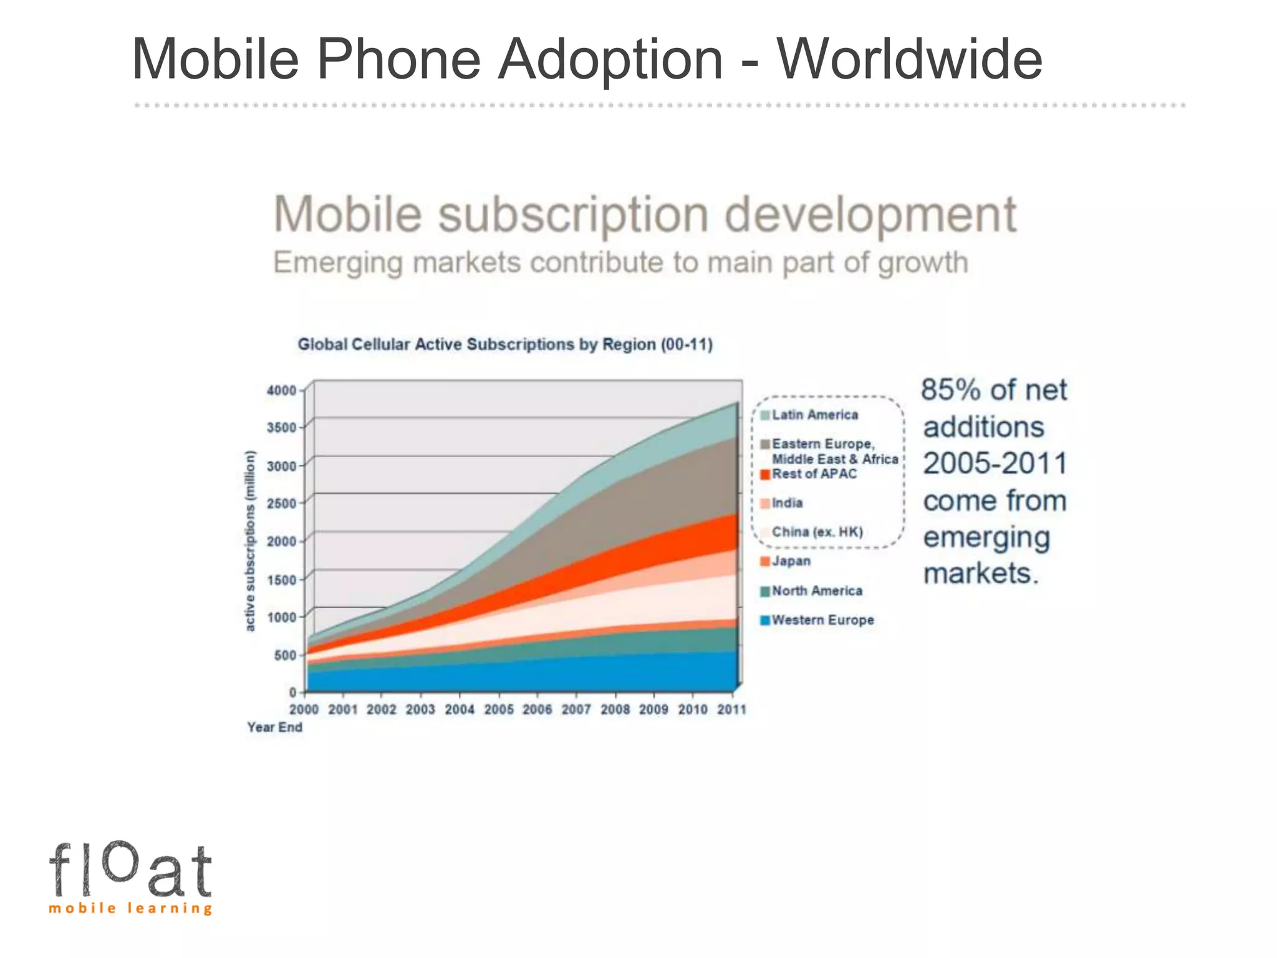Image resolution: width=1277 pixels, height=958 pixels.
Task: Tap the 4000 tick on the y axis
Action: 281,390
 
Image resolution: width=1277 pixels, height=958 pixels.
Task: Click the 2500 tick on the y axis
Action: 281,503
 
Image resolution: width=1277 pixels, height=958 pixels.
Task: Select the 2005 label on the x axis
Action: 499,710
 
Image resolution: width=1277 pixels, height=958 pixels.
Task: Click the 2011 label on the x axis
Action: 731,710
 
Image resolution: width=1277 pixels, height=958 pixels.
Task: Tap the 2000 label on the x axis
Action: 304,710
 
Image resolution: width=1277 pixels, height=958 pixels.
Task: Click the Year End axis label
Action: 274,727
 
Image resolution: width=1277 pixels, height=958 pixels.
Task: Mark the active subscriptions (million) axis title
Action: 250,541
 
